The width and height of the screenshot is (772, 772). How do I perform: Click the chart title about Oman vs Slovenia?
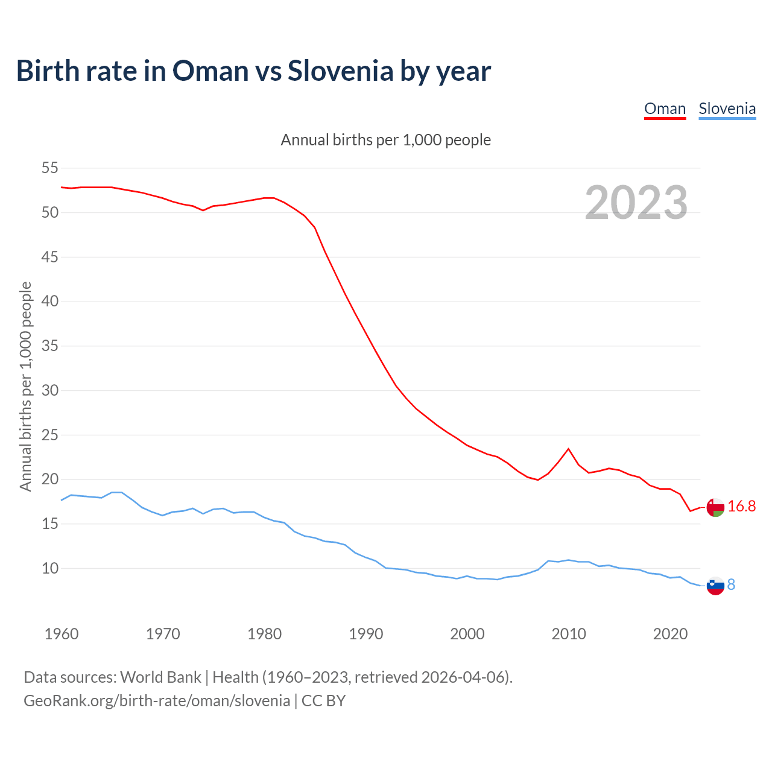coord(253,71)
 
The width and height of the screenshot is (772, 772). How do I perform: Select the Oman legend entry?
coord(665,109)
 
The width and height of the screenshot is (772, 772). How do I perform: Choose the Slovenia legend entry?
coord(727,109)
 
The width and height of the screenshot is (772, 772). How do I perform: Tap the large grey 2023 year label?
coord(636,203)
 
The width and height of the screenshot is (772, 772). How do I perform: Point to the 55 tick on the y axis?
coord(49,168)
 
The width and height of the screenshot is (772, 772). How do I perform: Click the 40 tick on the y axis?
coord(49,301)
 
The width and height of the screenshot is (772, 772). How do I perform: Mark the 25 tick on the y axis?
coord(49,435)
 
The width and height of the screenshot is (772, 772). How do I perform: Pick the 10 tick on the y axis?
coord(49,568)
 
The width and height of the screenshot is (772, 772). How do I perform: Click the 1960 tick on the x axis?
coord(62,634)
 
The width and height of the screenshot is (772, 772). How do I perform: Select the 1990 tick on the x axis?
coord(366,634)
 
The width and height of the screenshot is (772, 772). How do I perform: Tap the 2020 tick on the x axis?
coord(670,634)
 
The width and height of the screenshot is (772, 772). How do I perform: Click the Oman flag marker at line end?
coord(715,507)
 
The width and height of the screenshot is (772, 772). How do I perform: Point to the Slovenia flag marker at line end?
coord(715,585)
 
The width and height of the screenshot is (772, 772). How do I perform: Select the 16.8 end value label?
coord(741,507)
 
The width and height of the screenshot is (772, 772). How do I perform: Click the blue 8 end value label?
coord(731,584)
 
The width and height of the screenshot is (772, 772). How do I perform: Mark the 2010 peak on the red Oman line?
coord(568,449)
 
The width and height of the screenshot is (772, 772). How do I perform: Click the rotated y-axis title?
coord(25,386)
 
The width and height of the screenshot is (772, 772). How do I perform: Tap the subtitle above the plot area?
coord(385,140)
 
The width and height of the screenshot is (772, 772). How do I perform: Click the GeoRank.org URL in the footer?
coord(157,700)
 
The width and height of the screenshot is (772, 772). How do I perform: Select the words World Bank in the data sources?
coord(160,677)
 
